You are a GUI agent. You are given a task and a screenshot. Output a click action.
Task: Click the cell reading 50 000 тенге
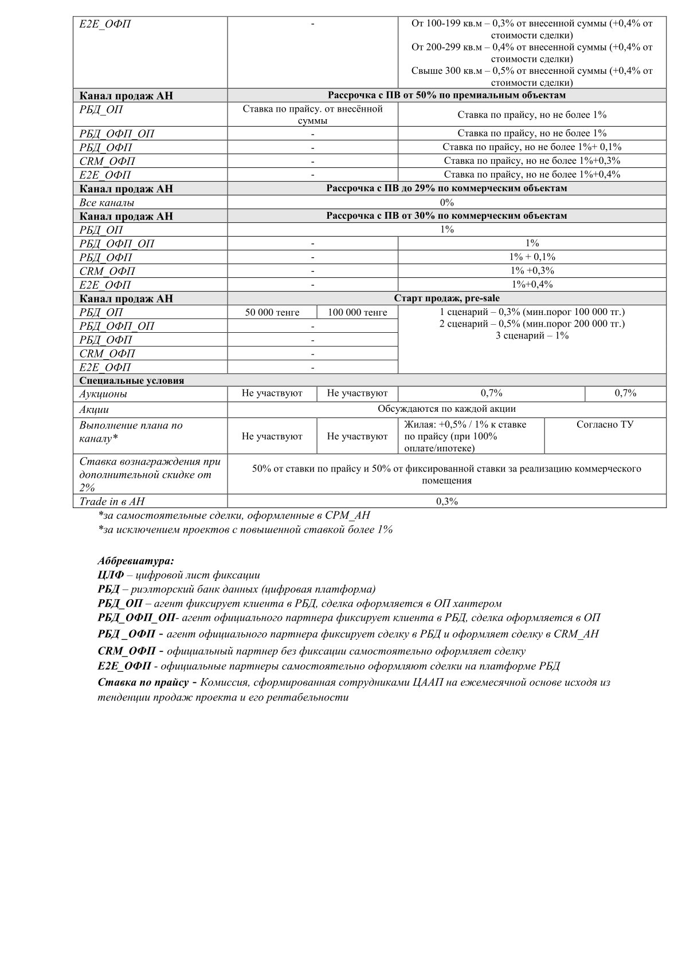point(272,312)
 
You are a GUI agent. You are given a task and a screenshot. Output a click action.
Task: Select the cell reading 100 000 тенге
point(357,312)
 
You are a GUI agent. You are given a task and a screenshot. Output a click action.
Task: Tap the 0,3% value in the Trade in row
point(446,501)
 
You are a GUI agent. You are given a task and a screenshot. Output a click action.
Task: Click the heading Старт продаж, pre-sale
point(446,298)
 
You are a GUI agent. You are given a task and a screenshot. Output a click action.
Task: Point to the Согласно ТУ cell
point(605,424)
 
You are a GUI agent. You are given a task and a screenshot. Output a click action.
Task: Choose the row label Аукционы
point(104,394)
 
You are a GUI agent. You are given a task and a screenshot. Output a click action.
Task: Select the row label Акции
point(95,410)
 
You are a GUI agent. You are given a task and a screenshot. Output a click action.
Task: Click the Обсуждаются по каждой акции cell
point(446,409)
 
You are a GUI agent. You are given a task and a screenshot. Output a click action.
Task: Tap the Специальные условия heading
point(132,380)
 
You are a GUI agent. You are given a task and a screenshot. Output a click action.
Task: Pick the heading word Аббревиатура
point(136,560)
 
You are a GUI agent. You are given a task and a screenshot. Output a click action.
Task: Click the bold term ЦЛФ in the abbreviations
point(111,575)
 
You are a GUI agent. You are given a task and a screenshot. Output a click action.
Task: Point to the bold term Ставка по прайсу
point(143,682)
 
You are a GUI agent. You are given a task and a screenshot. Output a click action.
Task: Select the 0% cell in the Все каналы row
point(446,202)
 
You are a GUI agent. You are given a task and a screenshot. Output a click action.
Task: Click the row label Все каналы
point(107,202)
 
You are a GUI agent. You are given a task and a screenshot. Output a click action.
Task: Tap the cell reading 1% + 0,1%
point(532,257)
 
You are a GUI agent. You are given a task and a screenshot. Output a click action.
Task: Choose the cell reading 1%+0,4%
point(532,285)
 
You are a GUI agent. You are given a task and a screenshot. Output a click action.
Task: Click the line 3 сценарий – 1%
point(532,336)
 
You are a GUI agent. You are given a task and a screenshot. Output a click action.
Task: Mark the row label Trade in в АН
point(112,501)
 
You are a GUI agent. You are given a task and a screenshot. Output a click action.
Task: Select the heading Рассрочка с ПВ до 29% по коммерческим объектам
point(446,188)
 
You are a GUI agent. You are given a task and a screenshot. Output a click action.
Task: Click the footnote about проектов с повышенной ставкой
point(245,529)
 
